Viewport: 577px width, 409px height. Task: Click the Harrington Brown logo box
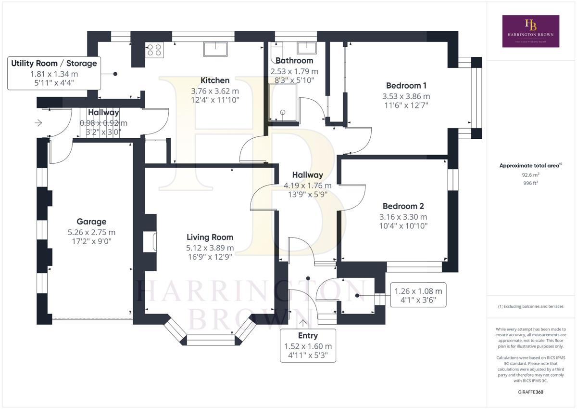[531, 31]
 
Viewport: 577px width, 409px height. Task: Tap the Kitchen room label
[215, 80]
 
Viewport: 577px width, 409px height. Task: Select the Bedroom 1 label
[406, 85]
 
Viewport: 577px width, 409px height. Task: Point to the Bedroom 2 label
[403, 206]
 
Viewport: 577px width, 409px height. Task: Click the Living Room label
[210, 237]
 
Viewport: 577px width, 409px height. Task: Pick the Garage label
[91, 222]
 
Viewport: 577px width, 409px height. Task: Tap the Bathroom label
[294, 60]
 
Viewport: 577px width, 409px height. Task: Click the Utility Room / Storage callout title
[54, 63]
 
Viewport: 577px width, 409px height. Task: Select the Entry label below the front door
[308, 335]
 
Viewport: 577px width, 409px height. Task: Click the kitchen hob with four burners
[154, 50]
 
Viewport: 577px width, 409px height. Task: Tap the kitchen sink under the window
[215, 49]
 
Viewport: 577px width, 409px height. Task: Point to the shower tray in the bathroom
[283, 102]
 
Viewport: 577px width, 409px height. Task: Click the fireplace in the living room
[150, 241]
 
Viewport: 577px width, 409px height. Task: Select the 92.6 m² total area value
[531, 175]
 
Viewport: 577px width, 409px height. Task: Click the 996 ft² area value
[531, 183]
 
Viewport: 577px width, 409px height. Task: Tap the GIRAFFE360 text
[531, 392]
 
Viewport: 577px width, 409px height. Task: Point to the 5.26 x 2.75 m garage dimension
[91, 232]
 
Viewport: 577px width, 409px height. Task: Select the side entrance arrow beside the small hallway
[38, 123]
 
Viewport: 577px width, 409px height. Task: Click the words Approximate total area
[529, 166]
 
